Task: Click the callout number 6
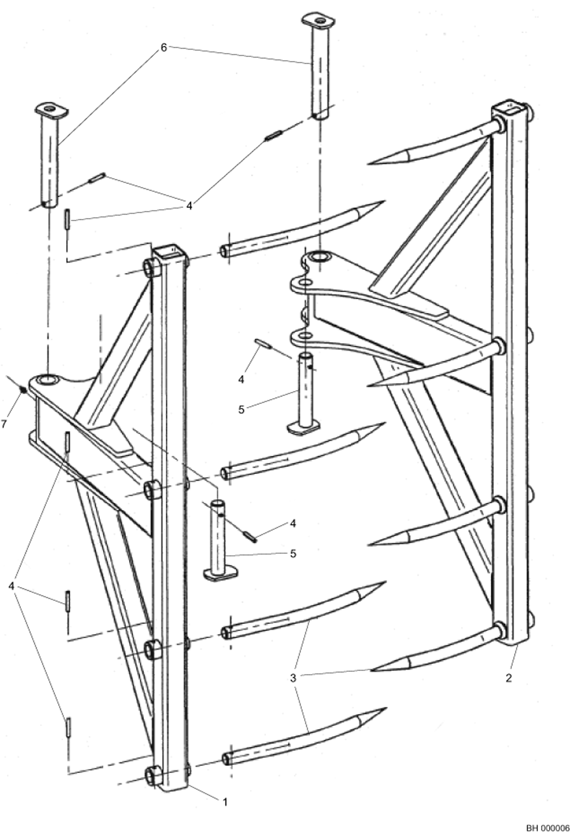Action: coord(164,48)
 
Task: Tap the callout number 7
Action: coord(3,424)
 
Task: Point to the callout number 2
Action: coord(509,678)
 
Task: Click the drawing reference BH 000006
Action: coord(548,828)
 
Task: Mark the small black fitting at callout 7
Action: coord(24,390)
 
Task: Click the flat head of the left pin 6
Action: coord(51,110)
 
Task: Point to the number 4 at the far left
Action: coord(11,586)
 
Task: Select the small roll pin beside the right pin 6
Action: coord(274,135)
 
